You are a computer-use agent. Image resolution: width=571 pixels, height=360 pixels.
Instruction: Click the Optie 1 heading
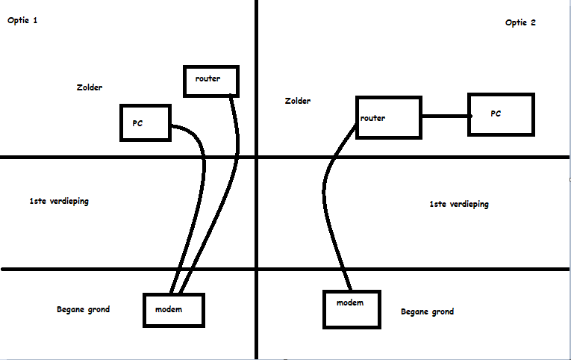point(22,20)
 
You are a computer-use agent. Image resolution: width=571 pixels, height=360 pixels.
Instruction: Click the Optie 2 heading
point(520,22)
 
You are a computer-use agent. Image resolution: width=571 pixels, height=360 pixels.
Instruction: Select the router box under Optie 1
point(212,81)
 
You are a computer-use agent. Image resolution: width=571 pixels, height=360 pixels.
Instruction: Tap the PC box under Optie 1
point(146,122)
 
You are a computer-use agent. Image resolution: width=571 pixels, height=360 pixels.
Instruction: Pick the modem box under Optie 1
point(173,309)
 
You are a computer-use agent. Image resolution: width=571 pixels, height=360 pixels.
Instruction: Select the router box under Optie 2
point(388,117)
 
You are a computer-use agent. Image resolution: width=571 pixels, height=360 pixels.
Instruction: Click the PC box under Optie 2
point(502,114)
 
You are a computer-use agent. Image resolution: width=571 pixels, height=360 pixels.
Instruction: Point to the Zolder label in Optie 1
point(89,87)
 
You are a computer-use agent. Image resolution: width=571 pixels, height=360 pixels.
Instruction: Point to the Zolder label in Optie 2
point(298,101)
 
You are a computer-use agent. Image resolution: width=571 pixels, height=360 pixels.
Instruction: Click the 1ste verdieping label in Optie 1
point(58,201)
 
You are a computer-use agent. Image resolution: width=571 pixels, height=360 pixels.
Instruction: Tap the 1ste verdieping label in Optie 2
point(459,204)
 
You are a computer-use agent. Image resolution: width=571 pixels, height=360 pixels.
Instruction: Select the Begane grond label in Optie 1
point(83,309)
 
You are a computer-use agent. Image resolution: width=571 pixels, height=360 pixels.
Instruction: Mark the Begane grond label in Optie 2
point(427,311)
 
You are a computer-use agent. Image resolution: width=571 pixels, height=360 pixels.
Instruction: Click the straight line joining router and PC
point(445,117)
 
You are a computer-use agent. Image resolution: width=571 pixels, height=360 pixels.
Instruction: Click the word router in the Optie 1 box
point(208,78)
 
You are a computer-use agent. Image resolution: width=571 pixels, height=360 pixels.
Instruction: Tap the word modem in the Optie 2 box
point(349,302)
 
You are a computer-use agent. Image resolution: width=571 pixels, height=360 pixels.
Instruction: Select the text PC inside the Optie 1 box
point(137,123)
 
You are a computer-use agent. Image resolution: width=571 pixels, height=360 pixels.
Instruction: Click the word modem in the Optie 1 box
point(169,308)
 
